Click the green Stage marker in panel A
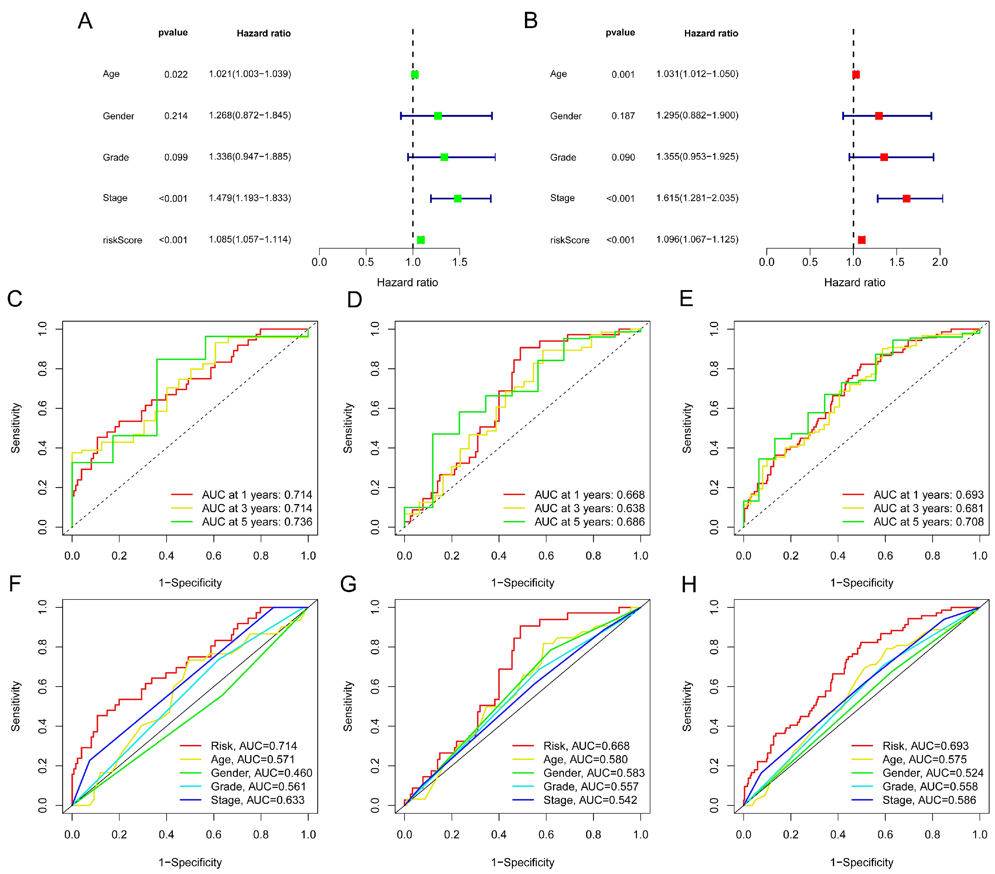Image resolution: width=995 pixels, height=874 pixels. [x=458, y=199]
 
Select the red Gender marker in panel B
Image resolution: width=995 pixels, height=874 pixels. [x=879, y=116]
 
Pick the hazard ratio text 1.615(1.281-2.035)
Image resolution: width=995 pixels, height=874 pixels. [x=697, y=198]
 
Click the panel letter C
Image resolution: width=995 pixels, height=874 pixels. [x=15, y=299]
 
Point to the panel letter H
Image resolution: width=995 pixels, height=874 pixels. [x=689, y=584]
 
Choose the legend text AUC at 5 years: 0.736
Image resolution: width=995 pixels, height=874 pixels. [x=257, y=522]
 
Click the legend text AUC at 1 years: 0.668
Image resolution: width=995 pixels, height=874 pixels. [x=589, y=495]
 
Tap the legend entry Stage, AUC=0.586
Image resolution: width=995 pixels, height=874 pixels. [x=929, y=800]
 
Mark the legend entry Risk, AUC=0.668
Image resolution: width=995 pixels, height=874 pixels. [x=586, y=746]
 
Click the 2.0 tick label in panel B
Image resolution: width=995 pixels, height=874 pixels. [x=939, y=262]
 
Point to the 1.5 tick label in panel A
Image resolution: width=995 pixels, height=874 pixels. [x=459, y=262]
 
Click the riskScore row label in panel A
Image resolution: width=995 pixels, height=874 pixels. [x=122, y=240]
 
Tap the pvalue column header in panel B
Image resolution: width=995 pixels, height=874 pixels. [x=620, y=33]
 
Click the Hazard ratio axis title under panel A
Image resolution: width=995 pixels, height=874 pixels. [x=407, y=282]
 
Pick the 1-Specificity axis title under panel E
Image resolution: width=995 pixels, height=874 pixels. [x=861, y=583]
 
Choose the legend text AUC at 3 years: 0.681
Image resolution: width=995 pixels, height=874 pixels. [x=928, y=508]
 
